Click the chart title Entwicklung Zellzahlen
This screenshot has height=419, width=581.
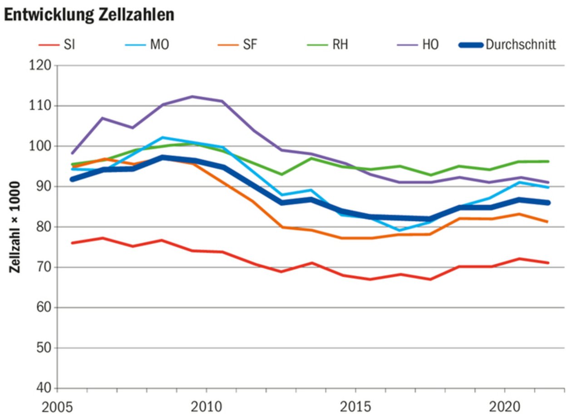click(x=89, y=15)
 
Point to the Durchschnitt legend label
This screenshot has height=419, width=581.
click(x=520, y=45)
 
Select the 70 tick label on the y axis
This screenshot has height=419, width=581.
click(x=41, y=267)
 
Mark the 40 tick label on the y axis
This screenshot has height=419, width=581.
click(x=41, y=389)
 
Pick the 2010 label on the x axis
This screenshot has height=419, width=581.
click(x=207, y=407)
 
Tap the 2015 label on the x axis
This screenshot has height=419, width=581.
click(x=356, y=407)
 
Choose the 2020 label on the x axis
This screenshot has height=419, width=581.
click(x=505, y=407)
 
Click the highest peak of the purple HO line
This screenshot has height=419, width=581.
click(x=192, y=96)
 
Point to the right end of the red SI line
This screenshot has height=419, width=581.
click(x=548, y=263)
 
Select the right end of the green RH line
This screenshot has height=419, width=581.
click(x=548, y=161)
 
